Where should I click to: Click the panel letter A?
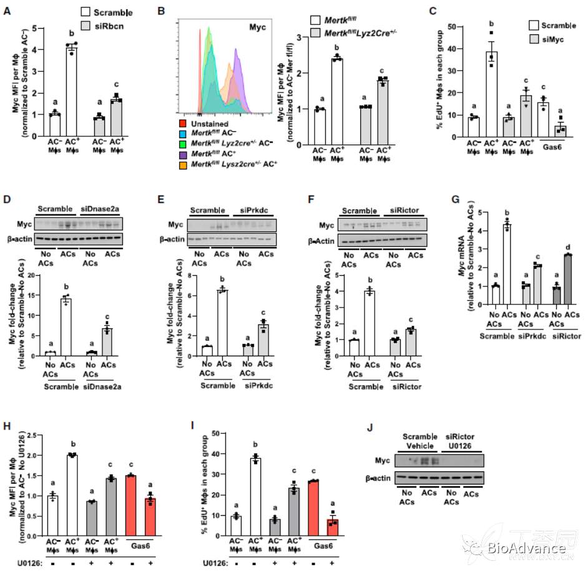7,11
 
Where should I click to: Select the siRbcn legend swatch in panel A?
87,23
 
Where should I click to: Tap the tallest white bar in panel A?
72,82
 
